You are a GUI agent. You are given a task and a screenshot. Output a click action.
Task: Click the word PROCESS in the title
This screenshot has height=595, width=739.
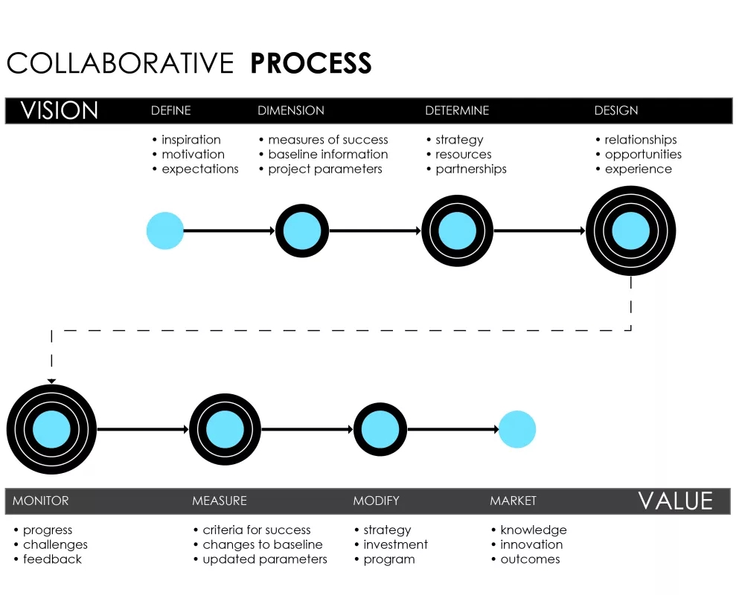(310, 63)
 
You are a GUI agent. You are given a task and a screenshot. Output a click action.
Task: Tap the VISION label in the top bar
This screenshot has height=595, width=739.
(60, 111)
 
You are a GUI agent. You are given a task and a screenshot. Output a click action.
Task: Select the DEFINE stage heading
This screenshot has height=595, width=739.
(170, 111)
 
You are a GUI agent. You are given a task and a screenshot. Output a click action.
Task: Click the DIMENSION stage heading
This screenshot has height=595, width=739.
(291, 111)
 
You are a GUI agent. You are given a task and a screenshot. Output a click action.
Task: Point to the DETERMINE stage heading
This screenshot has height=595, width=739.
(457, 111)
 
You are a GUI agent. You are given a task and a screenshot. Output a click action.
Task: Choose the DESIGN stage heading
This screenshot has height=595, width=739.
(616, 111)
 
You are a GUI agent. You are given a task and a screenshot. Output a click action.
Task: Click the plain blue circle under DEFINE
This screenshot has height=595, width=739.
(165, 231)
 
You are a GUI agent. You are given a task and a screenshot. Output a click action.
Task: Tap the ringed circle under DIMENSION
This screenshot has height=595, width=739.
(302, 231)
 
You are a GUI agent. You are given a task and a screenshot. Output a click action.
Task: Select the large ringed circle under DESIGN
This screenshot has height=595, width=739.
(631, 231)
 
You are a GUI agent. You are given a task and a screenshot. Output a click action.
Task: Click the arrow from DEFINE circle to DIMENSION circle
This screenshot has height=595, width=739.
(229, 231)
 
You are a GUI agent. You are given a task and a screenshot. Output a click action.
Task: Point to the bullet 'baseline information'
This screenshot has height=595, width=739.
(327, 155)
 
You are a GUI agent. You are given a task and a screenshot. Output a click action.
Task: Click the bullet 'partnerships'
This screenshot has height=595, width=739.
(470, 169)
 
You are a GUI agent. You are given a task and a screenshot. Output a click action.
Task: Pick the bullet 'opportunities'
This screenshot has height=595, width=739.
(643, 155)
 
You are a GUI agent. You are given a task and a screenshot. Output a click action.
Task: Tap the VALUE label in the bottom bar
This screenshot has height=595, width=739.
(675, 501)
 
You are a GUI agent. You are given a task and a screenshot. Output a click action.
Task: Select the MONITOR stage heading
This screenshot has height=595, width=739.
(40, 501)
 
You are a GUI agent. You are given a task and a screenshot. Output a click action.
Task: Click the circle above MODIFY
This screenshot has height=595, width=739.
(380, 429)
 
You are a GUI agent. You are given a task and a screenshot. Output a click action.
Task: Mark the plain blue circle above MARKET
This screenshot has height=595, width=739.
(516, 429)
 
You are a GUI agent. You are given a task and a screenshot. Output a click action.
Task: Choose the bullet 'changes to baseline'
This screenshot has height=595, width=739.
(262, 544)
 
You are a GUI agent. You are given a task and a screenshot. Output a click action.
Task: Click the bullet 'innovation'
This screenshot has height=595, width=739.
(531, 544)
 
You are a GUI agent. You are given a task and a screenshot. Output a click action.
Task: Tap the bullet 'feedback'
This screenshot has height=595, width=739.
(52, 559)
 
